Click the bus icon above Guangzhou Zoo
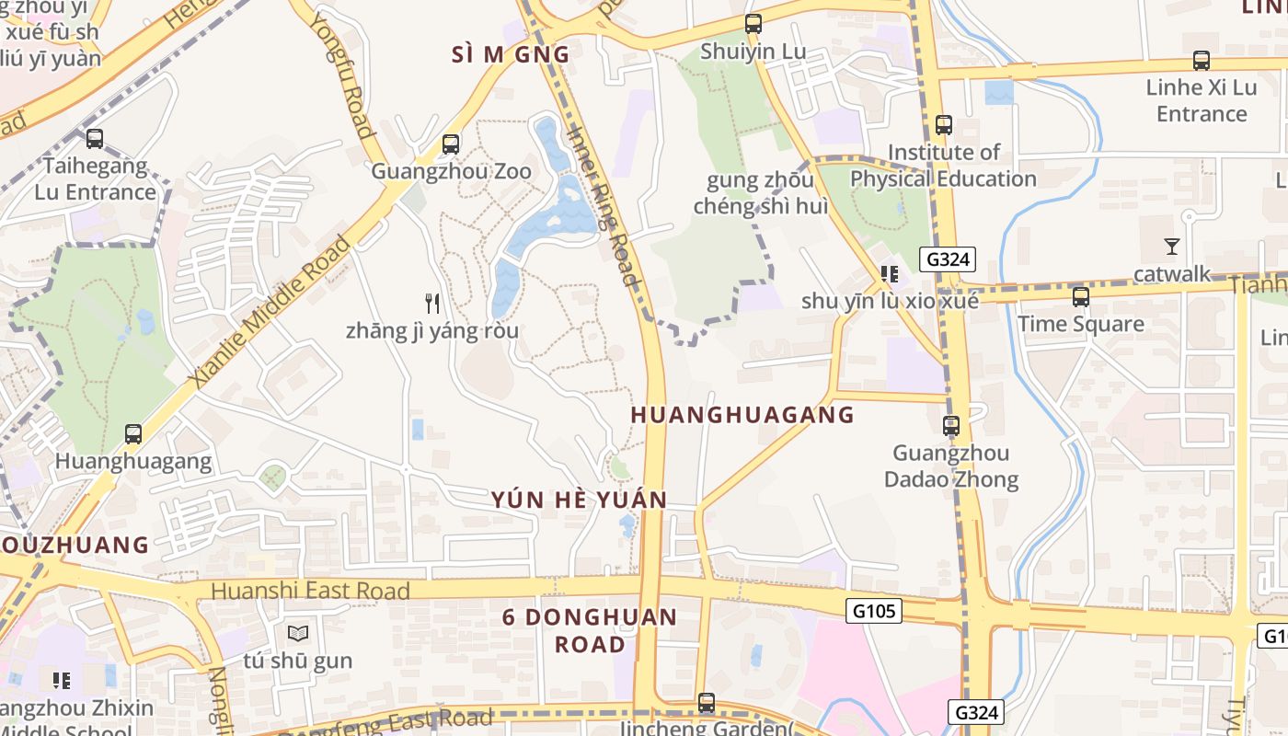coord(450,144)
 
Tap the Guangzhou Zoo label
coord(451,172)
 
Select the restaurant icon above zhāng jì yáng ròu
coord(432,303)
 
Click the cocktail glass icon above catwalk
coord(1171,247)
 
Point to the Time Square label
coord(1080,324)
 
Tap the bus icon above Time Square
coord(1080,297)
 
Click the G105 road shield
coord(873,610)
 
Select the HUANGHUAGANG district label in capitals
coord(742,415)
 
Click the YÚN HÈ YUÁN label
coord(579,500)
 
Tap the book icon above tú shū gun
coord(297,634)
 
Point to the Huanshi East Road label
coord(310,591)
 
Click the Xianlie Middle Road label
coord(270,310)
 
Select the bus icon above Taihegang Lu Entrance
coord(95,140)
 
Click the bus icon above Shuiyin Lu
coord(753,25)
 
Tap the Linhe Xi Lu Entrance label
coord(1201,101)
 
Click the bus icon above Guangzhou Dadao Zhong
coord(950,426)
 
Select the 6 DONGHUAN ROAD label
coord(590,630)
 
